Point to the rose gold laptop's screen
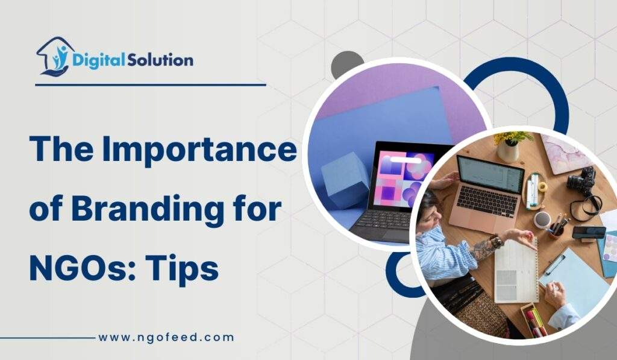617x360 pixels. [x=489, y=175]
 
